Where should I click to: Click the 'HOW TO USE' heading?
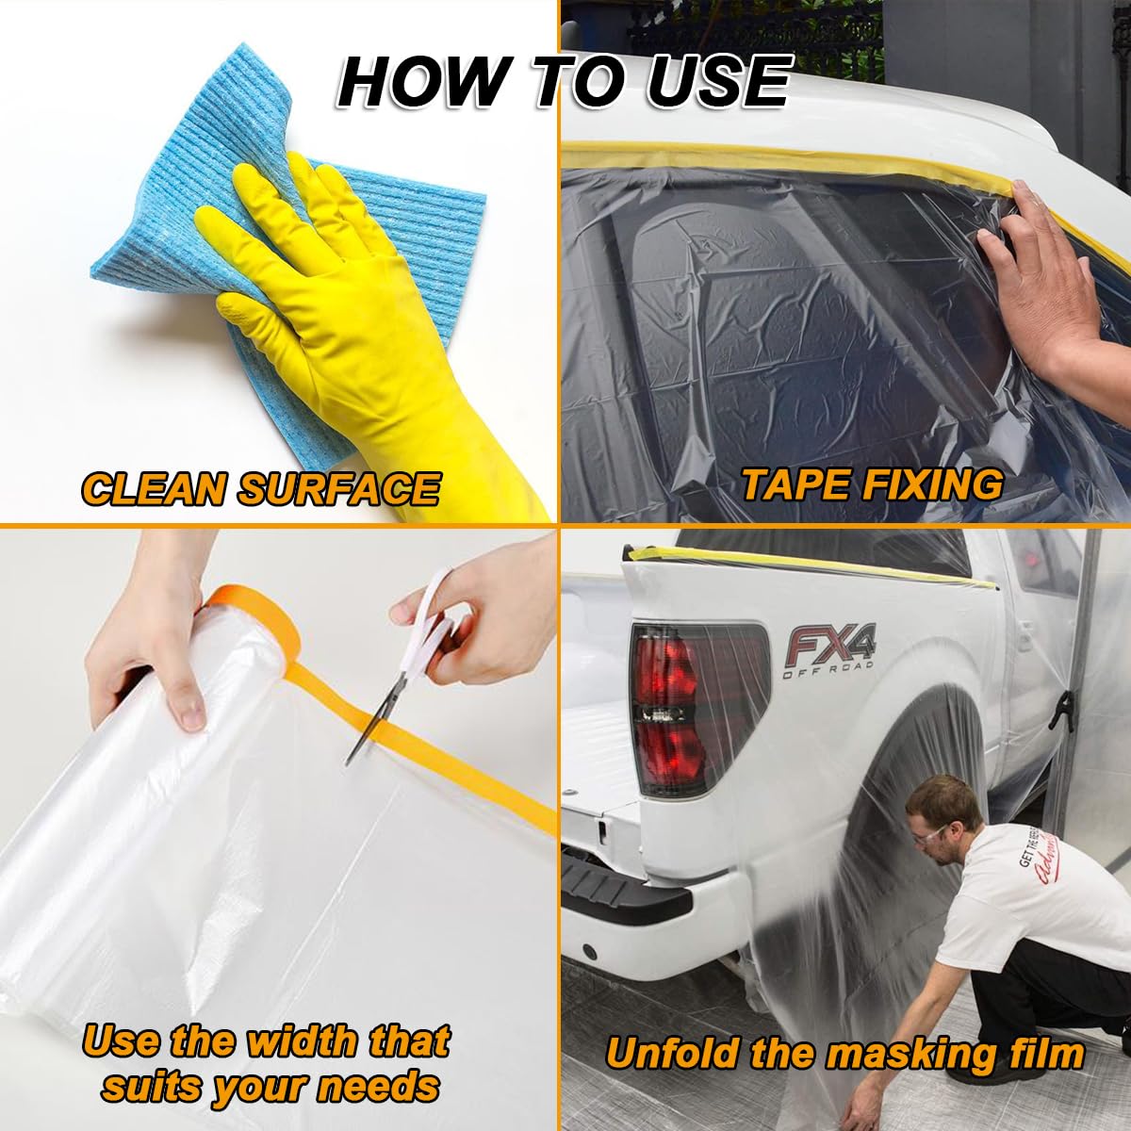(564, 82)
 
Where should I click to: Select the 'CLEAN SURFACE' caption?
(261, 489)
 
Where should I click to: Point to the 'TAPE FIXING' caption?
(872, 484)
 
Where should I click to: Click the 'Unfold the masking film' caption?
(844, 1053)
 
